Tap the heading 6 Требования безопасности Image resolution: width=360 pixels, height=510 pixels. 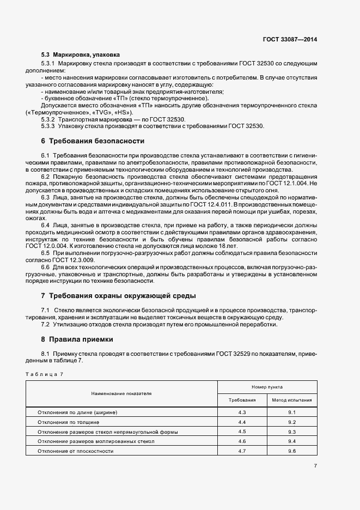93,141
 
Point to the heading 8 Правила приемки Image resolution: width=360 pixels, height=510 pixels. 77,339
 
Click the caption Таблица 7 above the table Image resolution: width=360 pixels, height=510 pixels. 45,374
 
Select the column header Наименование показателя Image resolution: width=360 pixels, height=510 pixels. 121,393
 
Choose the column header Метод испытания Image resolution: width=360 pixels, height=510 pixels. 292,400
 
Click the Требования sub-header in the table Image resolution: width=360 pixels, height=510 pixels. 242,400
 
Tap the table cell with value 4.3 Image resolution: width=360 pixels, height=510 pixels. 242,413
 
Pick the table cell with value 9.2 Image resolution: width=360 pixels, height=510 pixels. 292,422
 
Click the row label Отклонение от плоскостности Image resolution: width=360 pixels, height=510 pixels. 75,451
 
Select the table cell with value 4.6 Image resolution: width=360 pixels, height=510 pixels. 242,441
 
